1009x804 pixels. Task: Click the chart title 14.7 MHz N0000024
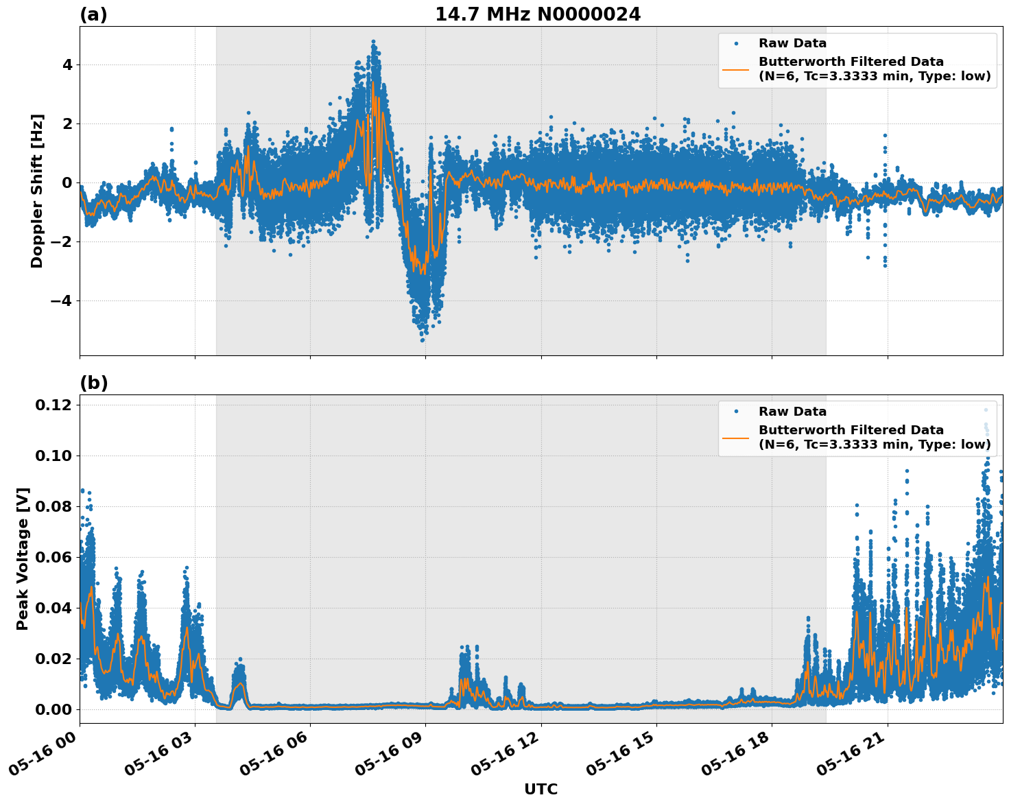[x=538, y=14]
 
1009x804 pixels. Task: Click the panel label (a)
[x=93, y=14]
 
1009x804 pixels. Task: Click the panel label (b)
[x=93, y=383]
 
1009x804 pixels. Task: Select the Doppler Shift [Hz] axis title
[x=37, y=191]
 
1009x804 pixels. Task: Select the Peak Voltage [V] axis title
[x=23, y=558]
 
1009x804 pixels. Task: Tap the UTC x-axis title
[x=541, y=789]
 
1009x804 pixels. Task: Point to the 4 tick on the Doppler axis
[x=67, y=65]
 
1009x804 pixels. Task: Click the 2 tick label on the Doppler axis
[x=67, y=124]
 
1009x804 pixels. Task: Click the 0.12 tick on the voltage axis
[x=53, y=405]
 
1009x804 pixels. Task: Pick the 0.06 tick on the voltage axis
[x=53, y=557]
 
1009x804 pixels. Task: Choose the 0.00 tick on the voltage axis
[x=53, y=709]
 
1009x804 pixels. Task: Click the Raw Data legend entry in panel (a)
[x=792, y=43]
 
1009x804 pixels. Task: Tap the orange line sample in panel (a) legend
[x=736, y=69]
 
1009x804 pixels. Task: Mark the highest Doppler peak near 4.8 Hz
[x=373, y=41]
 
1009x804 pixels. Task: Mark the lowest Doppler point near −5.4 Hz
[x=423, y=340]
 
